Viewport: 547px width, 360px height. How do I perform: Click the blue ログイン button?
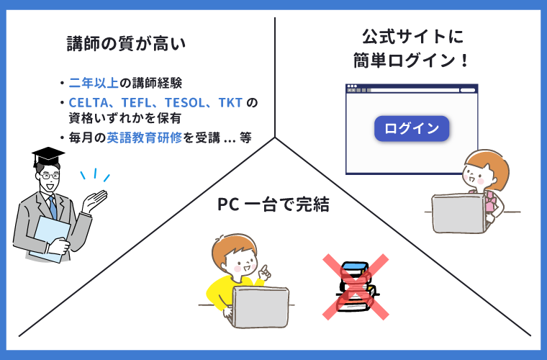412,128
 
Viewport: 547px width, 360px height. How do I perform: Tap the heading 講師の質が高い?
126,44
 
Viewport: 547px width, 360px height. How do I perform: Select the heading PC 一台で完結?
273,204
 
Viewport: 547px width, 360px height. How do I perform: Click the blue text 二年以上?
94,83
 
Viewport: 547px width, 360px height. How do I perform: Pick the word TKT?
230,102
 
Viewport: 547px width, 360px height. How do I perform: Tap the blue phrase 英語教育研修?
145,138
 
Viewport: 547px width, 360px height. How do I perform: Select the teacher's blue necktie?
53,207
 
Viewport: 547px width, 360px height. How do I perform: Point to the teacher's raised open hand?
94,201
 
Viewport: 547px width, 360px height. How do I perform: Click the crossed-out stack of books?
356,287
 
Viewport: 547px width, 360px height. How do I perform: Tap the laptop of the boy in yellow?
261,307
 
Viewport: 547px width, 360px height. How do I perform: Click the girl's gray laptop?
459,214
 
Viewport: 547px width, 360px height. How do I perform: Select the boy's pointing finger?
264,270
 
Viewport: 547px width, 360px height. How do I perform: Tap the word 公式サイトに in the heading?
412,36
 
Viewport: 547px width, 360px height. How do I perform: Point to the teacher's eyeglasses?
50,176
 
